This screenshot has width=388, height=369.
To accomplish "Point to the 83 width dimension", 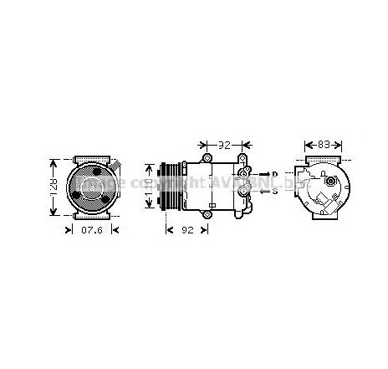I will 320,144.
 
